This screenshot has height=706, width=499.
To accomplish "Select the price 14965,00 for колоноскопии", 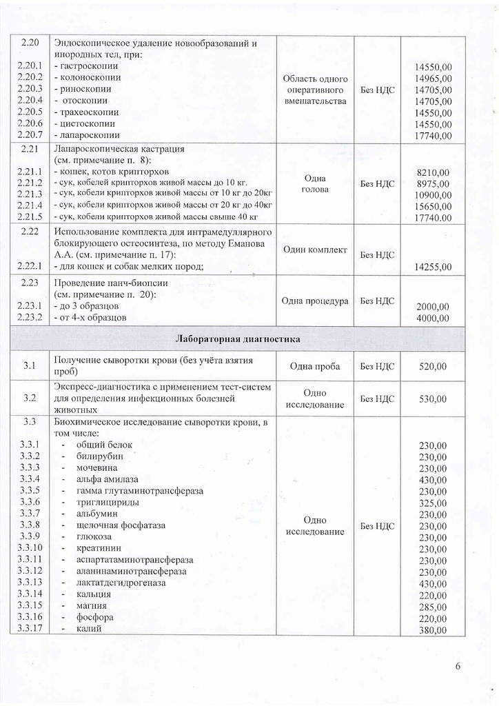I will pos(434,78).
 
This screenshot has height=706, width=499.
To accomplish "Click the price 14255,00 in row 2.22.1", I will pos(434,267).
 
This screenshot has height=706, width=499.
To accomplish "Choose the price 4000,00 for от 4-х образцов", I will pos(434,318).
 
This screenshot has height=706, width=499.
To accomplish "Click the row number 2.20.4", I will pos(30,101).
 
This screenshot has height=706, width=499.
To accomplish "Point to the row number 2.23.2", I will pos(30,317).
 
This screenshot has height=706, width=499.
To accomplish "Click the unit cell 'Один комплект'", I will pos(314,249).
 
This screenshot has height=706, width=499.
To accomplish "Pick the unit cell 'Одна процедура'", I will pos(314,301).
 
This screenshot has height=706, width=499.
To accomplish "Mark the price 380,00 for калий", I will pos(433,630).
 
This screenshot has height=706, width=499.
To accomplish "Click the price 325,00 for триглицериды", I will pos(433,503).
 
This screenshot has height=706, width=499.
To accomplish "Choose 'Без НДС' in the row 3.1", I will pos(377,366).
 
